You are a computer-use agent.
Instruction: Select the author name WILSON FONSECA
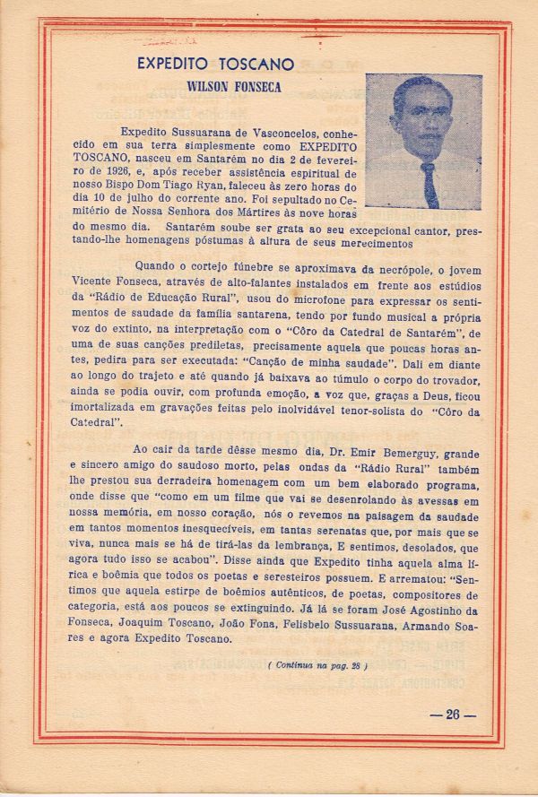(230, 87)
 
